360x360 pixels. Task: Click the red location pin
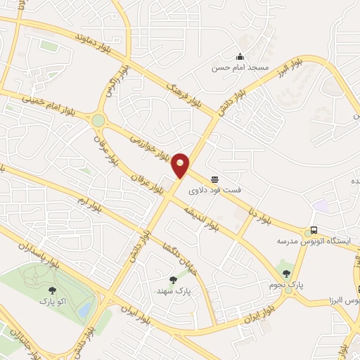tap(181, 165)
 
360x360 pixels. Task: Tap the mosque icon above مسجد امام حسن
tap(240, 58)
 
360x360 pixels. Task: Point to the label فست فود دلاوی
tap(214, 190)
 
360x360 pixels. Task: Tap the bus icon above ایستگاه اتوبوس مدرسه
tap(313, 231)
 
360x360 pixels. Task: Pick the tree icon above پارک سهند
tap(174, 280)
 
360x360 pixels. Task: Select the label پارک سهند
tap(174, 290)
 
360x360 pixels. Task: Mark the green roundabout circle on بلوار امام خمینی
tap(98, 120)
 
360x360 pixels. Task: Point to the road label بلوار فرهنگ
tap(166, 83)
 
